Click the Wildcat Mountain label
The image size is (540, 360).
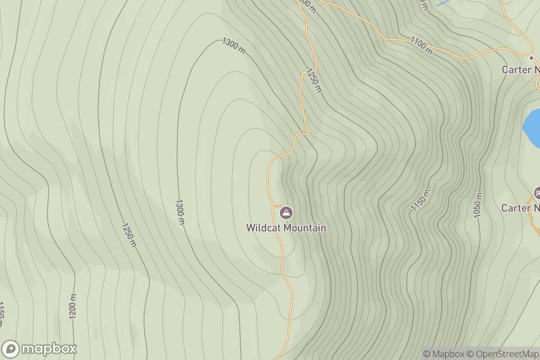click(286, 228)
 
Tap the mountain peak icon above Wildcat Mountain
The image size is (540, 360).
click(286, 212)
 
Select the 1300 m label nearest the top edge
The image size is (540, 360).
click(234, 45)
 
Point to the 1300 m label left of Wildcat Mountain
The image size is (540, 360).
click(180, 212)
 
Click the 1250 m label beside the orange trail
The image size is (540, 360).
click(314, 80)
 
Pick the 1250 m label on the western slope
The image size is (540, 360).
click(128, 234)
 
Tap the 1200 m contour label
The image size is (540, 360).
click(73, 306)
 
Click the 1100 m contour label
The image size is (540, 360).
click(421, 45)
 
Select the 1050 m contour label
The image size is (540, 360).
click(478, 205)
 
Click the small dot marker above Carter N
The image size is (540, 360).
click(531, 58)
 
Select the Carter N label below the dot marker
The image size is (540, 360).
click(521, 70)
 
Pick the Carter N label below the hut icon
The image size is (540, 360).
click(521, 208)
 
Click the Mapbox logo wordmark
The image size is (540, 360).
click(49, 349)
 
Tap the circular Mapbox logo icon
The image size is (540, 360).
click(10, 349)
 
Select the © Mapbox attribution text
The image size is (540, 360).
click(444, 354)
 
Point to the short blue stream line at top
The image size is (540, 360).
click(443, 3)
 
